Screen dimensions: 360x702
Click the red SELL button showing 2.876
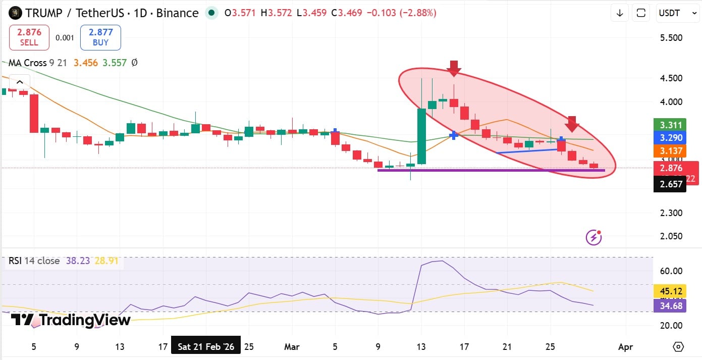point(29,37)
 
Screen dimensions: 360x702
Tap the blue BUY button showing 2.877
point(100,37)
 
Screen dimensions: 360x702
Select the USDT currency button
point(669,13)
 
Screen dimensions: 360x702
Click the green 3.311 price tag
point(669,125)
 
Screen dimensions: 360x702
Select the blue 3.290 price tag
point(669,137)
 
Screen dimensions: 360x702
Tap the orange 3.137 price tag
point(669,150)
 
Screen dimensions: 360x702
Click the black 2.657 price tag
point(669,184)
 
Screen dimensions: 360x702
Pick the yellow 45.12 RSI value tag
point(669,291)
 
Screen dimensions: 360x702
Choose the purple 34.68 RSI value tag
point(669,305)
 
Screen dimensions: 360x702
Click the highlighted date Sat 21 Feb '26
point(206,347)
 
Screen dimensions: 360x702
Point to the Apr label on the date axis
point(625,347)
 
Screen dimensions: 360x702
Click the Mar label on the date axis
point(292,347)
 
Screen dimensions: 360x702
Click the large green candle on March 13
point(421,136)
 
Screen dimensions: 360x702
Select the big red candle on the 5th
point(34,113)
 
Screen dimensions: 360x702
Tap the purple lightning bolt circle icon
point(593,236)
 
